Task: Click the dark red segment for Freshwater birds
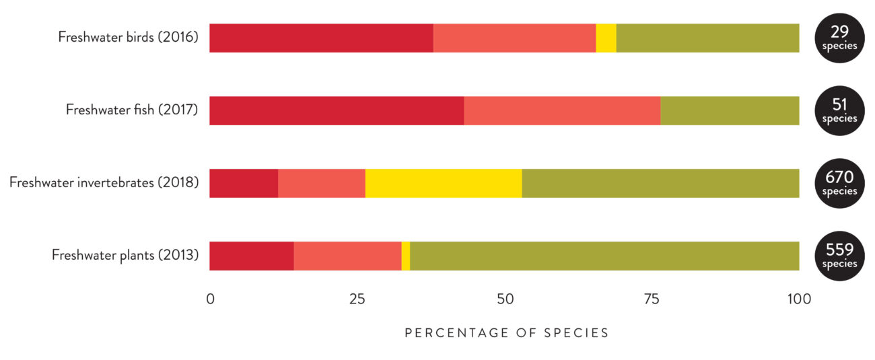pos(321,38)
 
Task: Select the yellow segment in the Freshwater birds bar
pos(606,38)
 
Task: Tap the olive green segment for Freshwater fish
pos(730,110)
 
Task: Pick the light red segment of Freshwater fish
pos(562,110)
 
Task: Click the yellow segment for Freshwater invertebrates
pos(444,183)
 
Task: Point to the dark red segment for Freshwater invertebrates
pos(244,183)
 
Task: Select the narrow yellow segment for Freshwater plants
pos(406,256)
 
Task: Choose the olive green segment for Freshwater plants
pos(604,256)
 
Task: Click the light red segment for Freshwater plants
pos(347,256)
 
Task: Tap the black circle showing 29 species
pos(839,38)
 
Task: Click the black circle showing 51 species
pos(839,110)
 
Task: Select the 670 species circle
pos(839,183)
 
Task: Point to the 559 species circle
pos(839,256)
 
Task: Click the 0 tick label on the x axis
pos(210,299)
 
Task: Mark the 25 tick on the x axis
pos(357,299)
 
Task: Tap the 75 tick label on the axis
pos(652,299)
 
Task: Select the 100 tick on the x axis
pos(798,299)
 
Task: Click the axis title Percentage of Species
pos(506,333)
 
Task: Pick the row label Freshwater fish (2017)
pos(132,110)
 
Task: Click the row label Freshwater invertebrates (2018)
pos(104,182)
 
